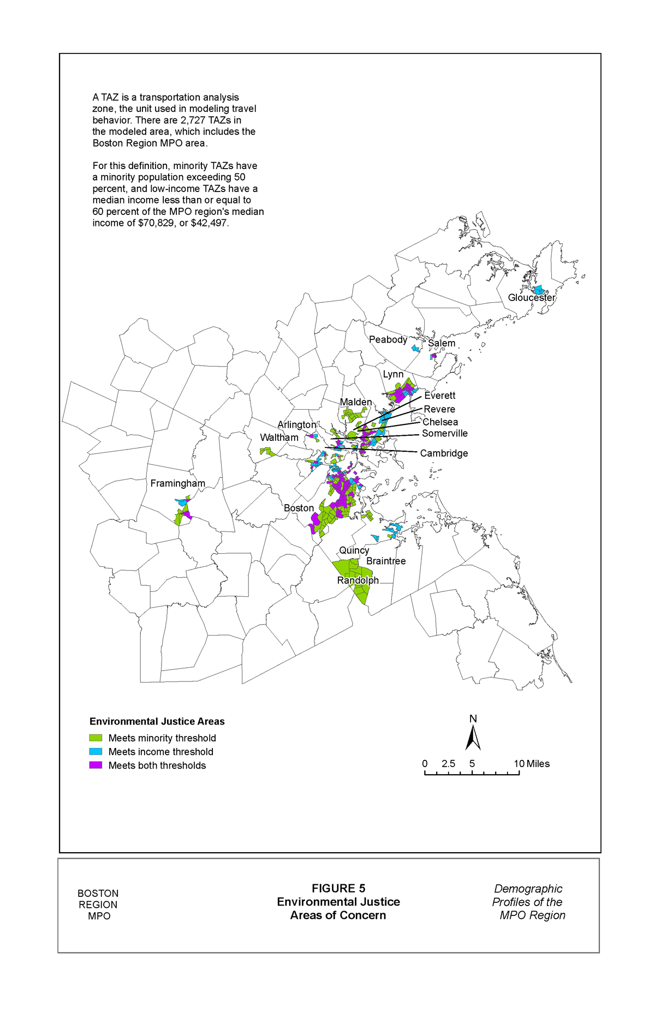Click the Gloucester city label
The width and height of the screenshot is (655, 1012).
[531, 297]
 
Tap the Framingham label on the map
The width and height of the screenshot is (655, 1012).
[177, 483]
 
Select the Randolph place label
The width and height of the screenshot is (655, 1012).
[358, 580]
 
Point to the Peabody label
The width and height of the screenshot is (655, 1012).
[388, 339]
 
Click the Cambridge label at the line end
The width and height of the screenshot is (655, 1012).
[444, 453]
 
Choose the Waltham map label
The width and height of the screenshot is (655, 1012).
[279, 438]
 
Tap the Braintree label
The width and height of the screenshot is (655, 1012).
[386, 561]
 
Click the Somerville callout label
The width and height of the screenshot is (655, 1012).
[444, 433]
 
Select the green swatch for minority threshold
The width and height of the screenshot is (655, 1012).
[96, 738]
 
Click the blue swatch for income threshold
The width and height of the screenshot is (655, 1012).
[96, 751]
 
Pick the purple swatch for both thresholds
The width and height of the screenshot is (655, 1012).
[96, 765]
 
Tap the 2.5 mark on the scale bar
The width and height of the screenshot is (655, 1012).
[448, 764]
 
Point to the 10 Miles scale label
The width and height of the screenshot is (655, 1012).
[532, 764]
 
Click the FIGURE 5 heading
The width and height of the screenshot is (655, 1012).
[338, 888]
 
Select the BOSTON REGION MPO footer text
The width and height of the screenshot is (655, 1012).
[98, 905]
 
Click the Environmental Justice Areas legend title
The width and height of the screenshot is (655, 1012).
[157, 721]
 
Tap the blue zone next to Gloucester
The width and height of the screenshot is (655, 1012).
[539, 289]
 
